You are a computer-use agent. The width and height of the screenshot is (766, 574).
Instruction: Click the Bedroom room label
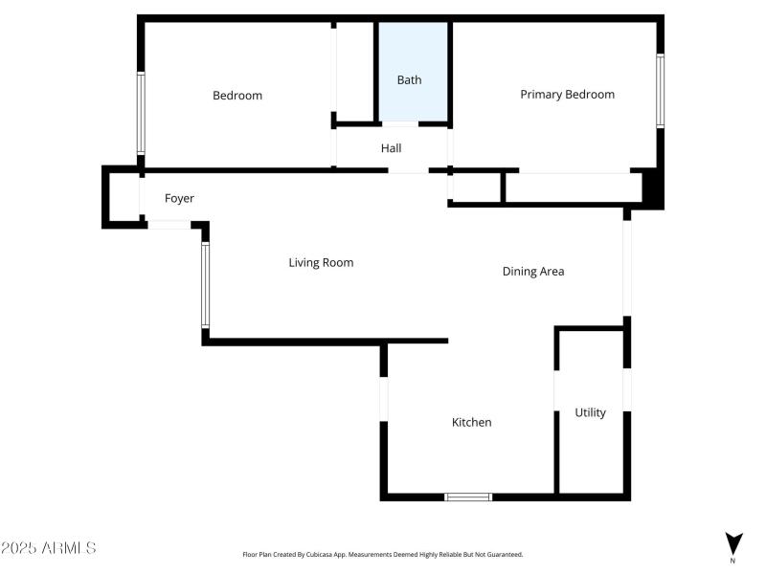click(x=237, y=96)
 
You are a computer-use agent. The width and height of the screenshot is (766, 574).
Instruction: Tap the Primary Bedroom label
click(x=567, y=95)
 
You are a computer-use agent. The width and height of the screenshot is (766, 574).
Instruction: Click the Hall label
click(x=391, y=148)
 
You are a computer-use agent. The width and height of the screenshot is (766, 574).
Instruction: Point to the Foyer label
click(x=179, y=199)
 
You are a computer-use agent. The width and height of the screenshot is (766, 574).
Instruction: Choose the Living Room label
click(x=321, y=262)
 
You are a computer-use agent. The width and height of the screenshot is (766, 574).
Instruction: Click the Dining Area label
click(x=533, y=272)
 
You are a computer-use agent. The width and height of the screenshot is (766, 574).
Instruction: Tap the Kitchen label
click(x=471, y=422)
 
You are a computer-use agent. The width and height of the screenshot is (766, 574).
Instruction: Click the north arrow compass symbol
click(x=732, y=543)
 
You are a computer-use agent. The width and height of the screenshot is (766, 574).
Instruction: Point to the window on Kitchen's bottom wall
click(x=468, y=497)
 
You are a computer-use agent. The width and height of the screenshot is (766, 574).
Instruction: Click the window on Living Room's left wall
click(x=205, y=284)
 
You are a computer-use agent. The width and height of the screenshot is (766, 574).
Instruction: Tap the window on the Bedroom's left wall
click(x=141, y=113)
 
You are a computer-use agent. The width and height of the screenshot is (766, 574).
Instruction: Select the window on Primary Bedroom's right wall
click(x=660, y=90)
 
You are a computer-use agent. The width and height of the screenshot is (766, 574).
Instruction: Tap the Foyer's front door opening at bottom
click(x=169, y=225)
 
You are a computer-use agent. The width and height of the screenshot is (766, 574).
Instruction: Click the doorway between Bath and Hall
click(x=400, y=124)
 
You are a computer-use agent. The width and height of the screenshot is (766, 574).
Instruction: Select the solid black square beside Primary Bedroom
click(x=652, y=188)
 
